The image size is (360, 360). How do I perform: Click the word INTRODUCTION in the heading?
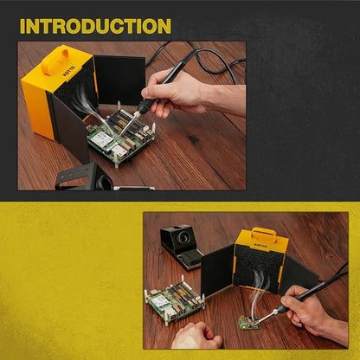pos(95,26)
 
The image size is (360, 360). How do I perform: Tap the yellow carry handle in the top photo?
pos(55,61)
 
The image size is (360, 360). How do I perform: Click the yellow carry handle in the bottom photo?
pos(264,235)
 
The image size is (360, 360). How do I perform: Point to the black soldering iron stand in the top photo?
pos(84,177)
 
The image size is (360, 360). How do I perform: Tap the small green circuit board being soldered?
pos(249,323)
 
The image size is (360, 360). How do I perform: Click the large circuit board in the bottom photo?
pos(176,299)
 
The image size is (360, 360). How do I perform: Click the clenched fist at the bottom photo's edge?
pos(196,336)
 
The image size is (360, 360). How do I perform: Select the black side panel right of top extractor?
pos(120,80)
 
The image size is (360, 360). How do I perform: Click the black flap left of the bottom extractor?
pos(217,271)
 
